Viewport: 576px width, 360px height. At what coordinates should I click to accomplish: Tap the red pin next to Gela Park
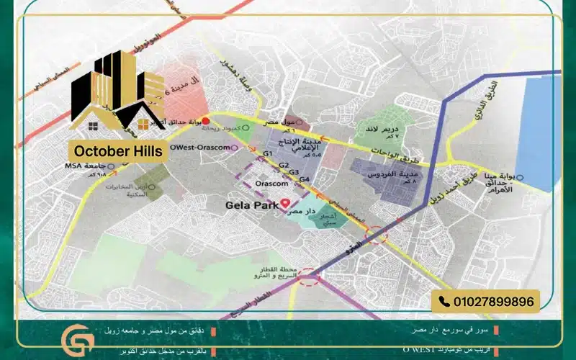[285, 204]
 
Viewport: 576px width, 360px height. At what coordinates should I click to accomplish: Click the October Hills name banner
[117, 150]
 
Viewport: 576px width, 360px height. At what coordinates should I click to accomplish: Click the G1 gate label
[268, 155]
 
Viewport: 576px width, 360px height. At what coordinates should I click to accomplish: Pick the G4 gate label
[305, 179]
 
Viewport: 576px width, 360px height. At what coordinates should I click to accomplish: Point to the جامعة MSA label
[65, 168]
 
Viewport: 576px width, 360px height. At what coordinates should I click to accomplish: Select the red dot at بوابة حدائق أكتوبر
[205, 120]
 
